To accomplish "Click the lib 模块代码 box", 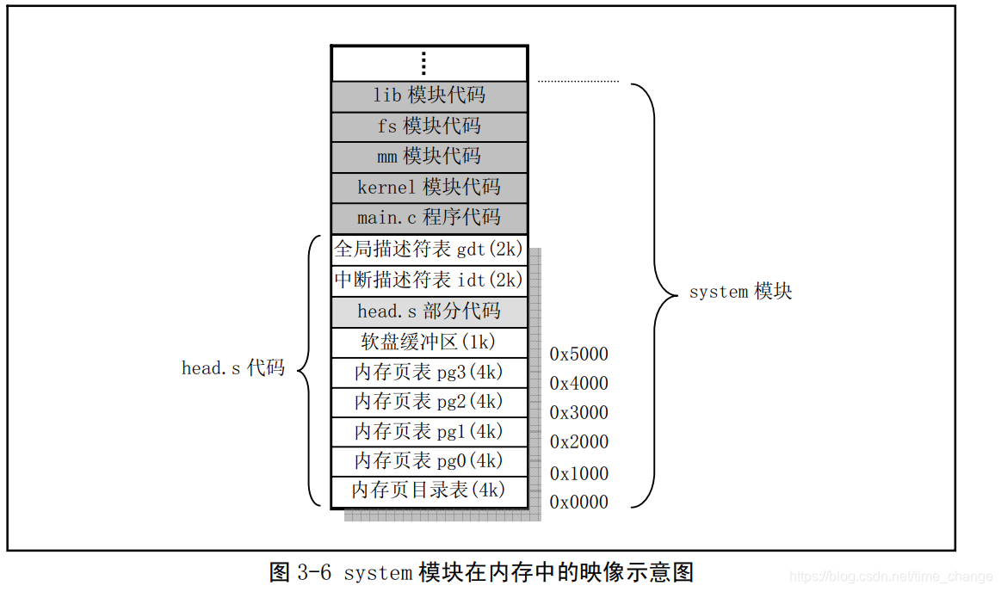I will coord(429,96).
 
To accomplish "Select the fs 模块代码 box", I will coord(429,126).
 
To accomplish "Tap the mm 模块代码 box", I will coord(429,157).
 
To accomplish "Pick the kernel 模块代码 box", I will coord(429,188).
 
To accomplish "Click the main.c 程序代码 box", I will coord(429,218).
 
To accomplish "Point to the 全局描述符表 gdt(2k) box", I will coord(429,250).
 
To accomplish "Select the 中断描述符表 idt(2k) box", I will coord(429,281).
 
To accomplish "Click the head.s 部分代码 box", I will coord(429,311).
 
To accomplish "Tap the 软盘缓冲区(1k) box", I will coord(429,342).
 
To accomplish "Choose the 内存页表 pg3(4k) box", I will coord(429,373).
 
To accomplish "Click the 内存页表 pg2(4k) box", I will coord(429,402).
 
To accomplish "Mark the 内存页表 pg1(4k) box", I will coord(429,431).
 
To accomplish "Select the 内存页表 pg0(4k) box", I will coord(429,460).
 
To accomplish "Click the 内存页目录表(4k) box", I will coord(429,490).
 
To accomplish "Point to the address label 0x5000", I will coord(578,354).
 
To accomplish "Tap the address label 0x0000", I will coord(578,502).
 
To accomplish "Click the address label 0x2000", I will coord(578,442).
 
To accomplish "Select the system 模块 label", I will coord(739,292).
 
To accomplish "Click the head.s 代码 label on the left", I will coord(232,368).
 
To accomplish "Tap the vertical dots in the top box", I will coord(423,63).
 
